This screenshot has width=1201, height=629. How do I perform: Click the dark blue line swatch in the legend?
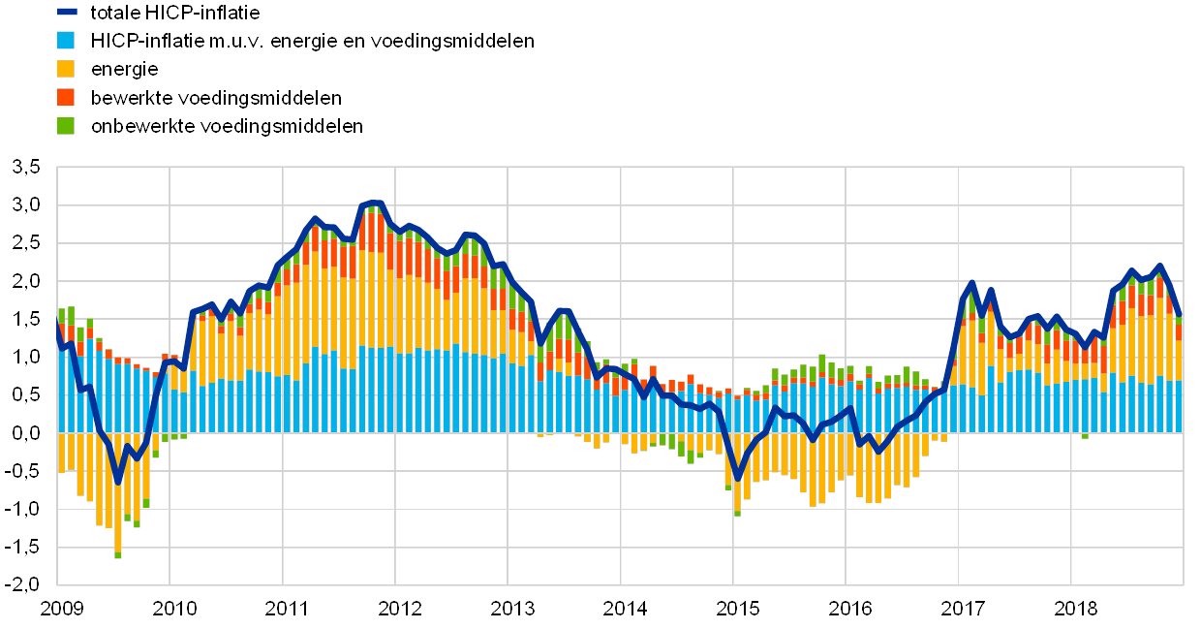[67, 13]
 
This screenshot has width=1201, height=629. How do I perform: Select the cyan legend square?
[67, 41]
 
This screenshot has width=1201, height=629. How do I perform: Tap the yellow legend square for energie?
[67, 69]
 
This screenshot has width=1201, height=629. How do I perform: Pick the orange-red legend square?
[67, 97]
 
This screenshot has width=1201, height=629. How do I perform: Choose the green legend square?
[67, 125]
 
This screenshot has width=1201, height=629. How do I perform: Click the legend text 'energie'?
[125, 69]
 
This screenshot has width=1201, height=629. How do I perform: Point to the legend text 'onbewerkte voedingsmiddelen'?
[227, 125]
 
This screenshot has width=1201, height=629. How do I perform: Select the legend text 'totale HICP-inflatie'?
[175, 13]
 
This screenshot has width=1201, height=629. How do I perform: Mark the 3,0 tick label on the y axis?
[26, 205]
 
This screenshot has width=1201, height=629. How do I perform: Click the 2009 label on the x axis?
[60, 609]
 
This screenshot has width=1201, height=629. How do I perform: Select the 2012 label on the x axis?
[398, 609]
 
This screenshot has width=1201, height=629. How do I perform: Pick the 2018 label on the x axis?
[1074, 609]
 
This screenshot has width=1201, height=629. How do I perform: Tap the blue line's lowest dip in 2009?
[118, 481]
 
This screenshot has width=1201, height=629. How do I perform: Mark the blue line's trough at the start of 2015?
[737, 478]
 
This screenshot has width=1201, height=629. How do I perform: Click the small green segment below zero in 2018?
[1085, 435]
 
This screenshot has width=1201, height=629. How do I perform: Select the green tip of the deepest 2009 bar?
[118, 554]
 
